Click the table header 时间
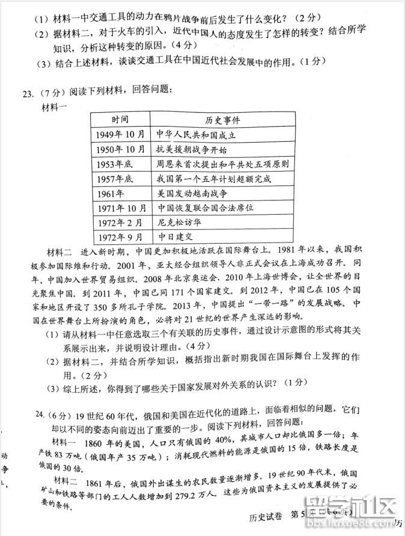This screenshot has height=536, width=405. coord(120,119)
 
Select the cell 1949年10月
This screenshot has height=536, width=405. coord(120,134)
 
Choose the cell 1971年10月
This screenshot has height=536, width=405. coord(120,208)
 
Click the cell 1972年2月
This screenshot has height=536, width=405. coord(118,223)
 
